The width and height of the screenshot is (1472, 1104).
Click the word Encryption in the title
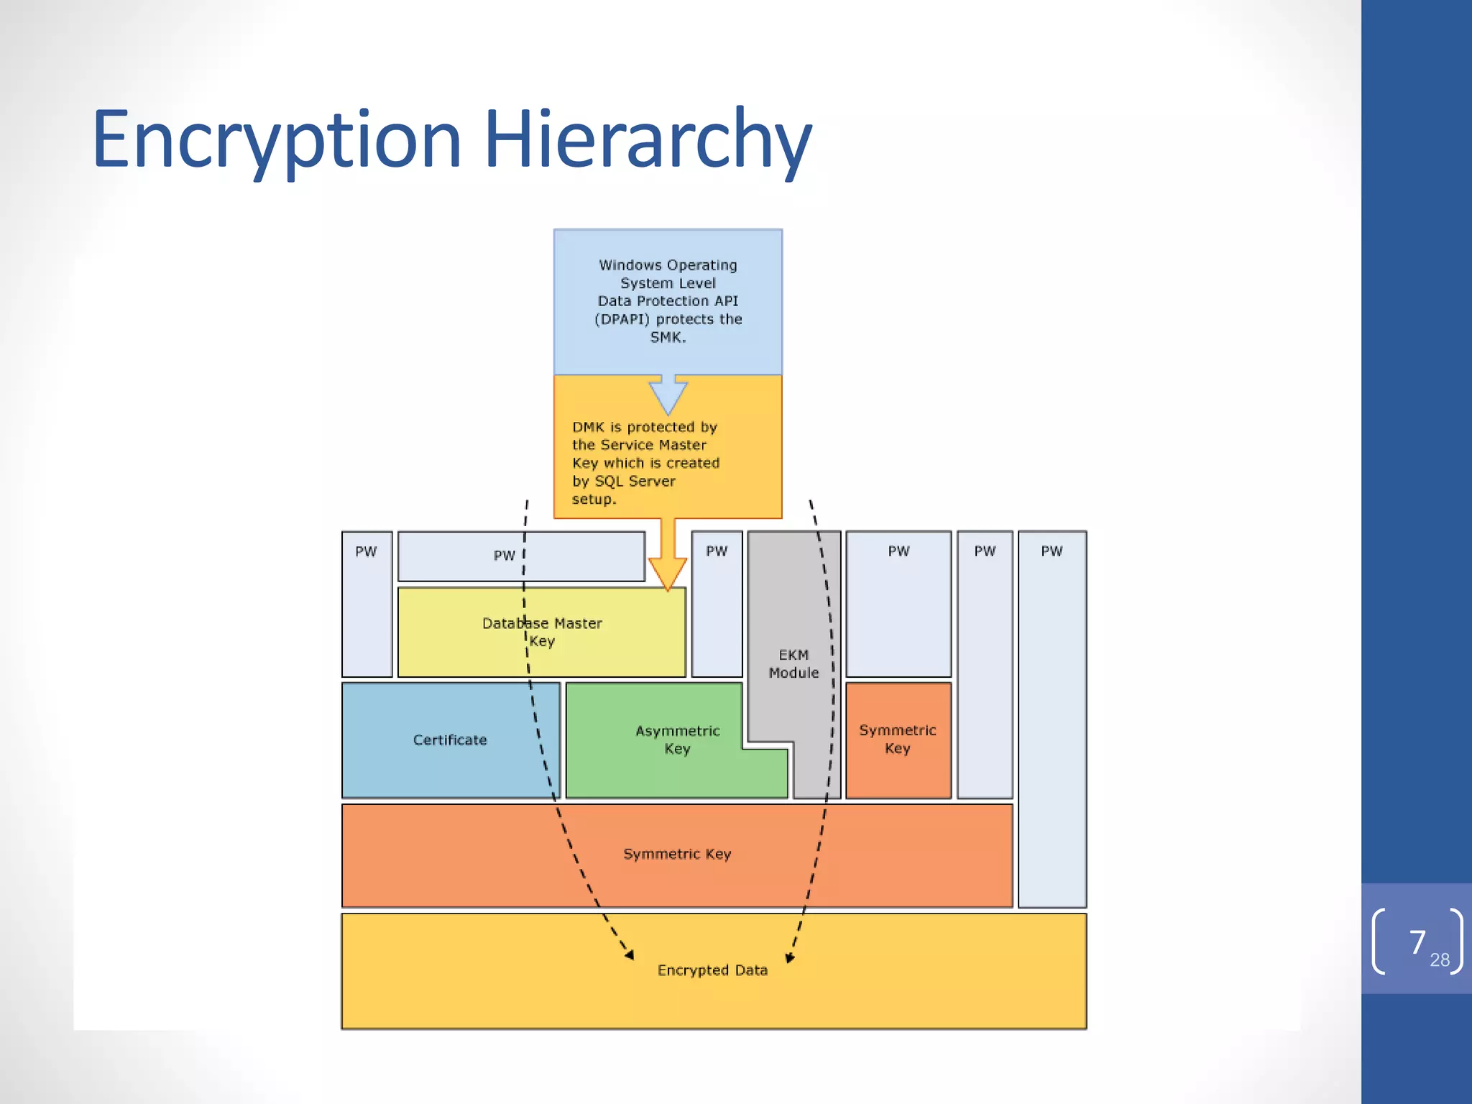click(x=277, y=140)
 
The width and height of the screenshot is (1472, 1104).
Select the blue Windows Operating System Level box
click(x=668, y=301)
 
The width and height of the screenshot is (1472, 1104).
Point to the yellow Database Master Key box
click(x=542, y=632)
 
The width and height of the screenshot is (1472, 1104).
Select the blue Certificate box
click(x=450, y=740)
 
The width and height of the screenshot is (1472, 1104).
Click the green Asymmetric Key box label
click(x=677, y=740)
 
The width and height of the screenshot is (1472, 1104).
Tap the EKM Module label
click(x=793, y=663)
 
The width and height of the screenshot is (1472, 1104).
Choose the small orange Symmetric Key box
click(x=898, y=739)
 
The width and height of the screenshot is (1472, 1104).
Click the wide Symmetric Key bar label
click(x=677, y=854)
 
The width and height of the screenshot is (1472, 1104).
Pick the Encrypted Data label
click(x=712, y=970)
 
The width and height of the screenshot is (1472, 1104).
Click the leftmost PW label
click(x=366, y=551)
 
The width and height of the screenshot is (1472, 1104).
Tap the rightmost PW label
click(x=1052, y=551)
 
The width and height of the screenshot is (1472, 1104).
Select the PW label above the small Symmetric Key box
click(x=898, y=551)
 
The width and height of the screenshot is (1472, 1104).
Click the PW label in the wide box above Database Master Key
click(x=505, y=556)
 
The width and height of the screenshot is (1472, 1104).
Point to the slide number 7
click(x=1417, y=942)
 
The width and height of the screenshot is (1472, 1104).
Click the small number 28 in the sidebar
click(x=1440, y=960)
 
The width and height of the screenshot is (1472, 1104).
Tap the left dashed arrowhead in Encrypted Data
click(x=630, y=954)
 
